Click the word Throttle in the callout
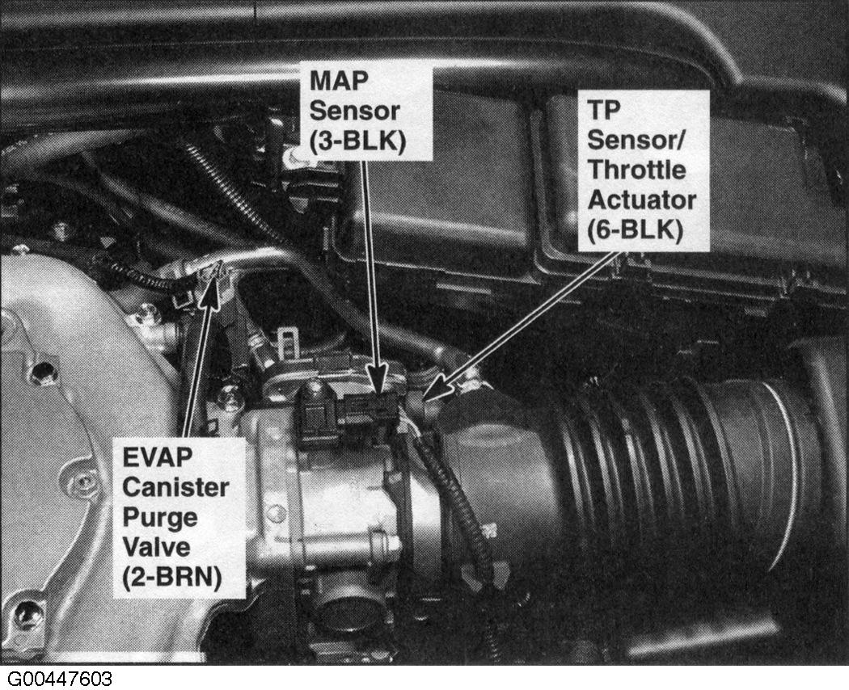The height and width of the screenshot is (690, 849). coord(636,170)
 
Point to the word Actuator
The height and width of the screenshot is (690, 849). coord(641,201)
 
